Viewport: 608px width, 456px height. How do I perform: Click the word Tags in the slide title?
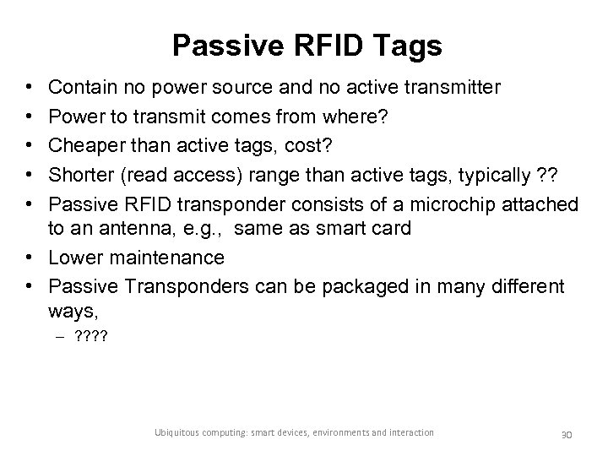408,46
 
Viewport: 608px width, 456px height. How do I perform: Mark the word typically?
481,175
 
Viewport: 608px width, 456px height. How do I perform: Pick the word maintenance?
165,257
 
